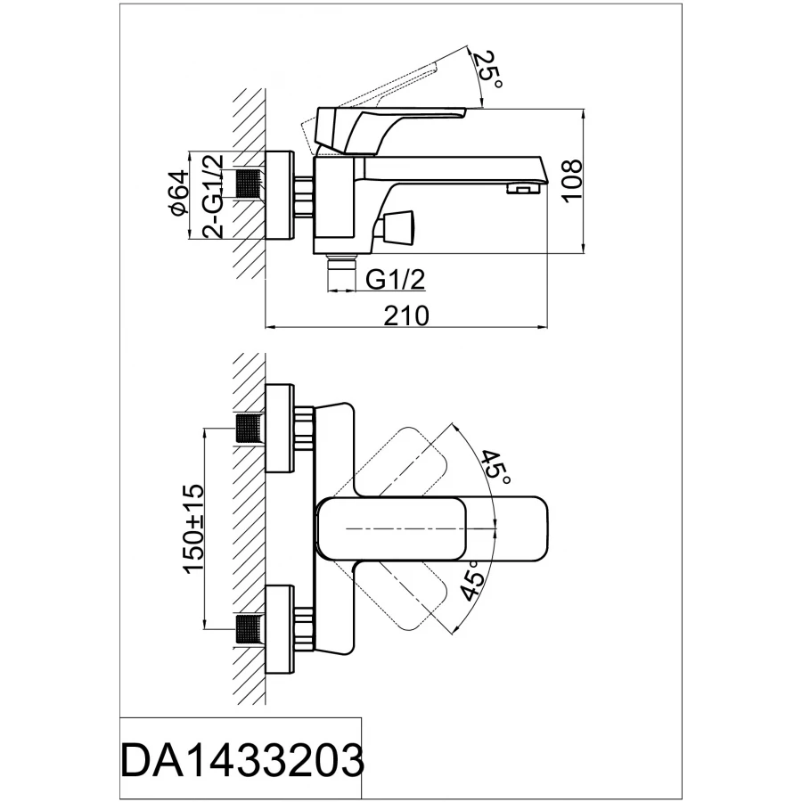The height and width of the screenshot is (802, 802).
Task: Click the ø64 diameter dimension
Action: tap(177, 193)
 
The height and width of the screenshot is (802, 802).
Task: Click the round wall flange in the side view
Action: tap(281, 194)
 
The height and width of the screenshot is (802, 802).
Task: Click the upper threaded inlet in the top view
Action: tap(250, 430)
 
